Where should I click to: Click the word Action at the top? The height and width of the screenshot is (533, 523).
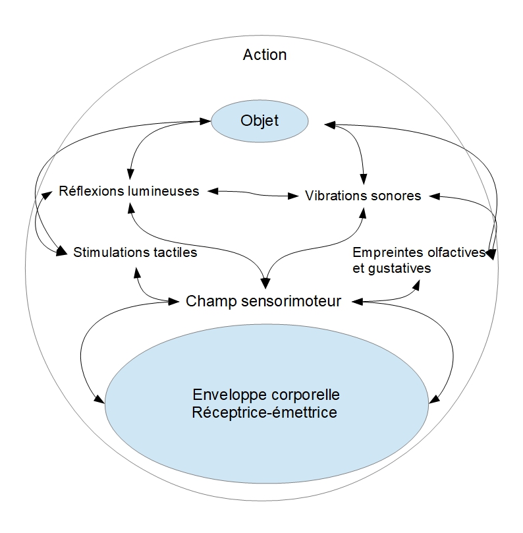(265, 55)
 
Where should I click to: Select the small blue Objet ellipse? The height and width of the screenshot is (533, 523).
(259, 120)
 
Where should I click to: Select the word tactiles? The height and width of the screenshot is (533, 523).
(173, 252)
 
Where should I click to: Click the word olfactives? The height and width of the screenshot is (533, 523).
(454, 253)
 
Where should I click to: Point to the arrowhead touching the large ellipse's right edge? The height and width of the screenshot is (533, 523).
(433, 399)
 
